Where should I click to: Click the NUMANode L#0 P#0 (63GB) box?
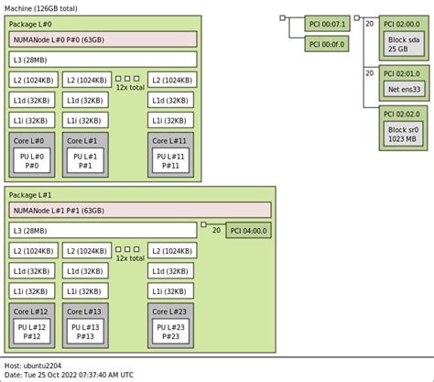point(103,39)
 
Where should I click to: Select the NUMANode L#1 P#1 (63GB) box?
point(103,211)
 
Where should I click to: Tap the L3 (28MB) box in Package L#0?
point(103,60)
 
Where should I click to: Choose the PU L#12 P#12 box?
point(34,331)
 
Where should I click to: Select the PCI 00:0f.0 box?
point(326,42)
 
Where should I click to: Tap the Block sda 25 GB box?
point(404,45)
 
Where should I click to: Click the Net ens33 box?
point(404,90)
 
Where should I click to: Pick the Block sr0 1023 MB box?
point(404,135)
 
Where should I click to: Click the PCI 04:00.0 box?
point(248,231)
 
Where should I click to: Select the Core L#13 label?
point(84,311)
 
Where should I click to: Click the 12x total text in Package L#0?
point(129,87)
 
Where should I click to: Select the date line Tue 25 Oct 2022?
point(70,376)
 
